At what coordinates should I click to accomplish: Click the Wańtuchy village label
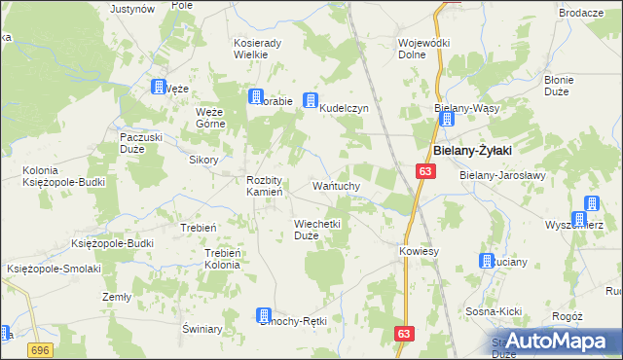337,185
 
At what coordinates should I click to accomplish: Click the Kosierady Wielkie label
258,49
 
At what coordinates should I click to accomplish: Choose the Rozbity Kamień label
264,186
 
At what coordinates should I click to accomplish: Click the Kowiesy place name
420,251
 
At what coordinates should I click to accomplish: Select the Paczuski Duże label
140,143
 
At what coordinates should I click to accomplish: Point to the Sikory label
203,160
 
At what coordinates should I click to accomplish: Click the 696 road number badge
40,348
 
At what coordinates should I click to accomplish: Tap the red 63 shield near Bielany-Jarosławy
425,171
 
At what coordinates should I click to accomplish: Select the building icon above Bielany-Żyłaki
446,120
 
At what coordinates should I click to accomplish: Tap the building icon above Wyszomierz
590,204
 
